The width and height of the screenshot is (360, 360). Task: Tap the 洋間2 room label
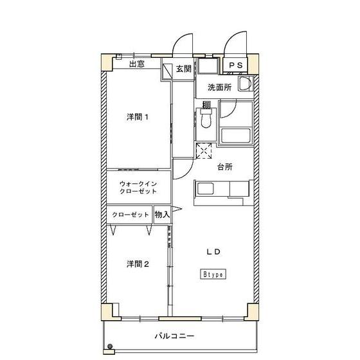[138, 264]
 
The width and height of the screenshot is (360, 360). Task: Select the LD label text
[213, 252]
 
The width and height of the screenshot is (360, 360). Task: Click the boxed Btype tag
[213, 274]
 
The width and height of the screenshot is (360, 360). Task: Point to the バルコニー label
[174, 336]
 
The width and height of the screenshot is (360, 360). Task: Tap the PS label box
[236, 65]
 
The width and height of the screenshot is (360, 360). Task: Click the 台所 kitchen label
[224, 166]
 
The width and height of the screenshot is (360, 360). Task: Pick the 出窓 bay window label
[136, 64]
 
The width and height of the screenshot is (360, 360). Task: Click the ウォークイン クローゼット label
[138, 187]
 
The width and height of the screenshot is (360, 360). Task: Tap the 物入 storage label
[162, 215]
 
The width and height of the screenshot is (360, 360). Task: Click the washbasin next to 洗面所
[244, 84]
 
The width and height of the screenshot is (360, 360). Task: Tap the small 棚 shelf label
[206, 105]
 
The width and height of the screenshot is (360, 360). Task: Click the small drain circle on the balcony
[108, 349]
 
